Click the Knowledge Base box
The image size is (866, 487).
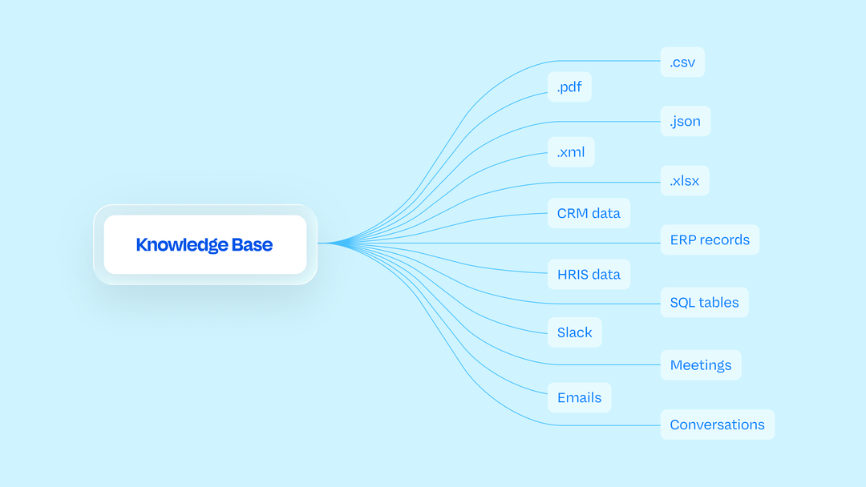[x=205, y=244]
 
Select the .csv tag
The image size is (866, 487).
[x=682, y=62]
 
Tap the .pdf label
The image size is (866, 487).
[x=569, y=87]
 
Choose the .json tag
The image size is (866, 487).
[x=686, y=121]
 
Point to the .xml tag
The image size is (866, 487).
[x=571, y=151]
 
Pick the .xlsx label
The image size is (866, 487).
[x=685, y=180]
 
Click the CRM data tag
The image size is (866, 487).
[x=589, y=213]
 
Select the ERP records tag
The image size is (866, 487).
[x=710, y=239]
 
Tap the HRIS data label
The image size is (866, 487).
[x=589, y=274]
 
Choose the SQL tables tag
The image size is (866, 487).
[x=704, y=302]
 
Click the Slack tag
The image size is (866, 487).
[x=574, y=332]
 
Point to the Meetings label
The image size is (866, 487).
[x=701, y=364]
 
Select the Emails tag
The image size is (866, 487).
[x=580, y=397]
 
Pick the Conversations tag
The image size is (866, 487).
[x=718, y=425]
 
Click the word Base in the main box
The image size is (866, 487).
[x=252, y=244]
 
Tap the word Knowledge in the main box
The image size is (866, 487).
[x=182, y=245]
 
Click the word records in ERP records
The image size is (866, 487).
[x=724, y=240]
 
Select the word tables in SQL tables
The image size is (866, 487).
[x=717, y=302]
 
